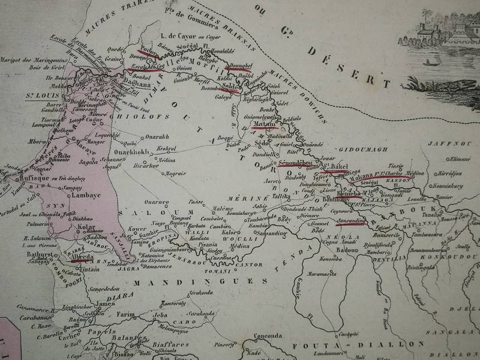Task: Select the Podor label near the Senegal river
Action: click(x=147, y=51)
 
